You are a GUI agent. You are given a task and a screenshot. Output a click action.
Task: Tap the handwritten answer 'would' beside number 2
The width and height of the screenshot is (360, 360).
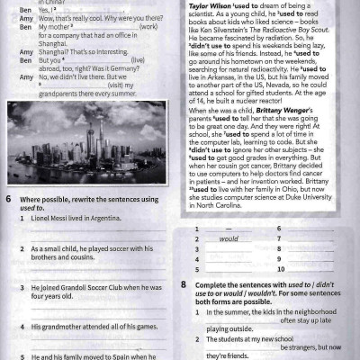point(229,239)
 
